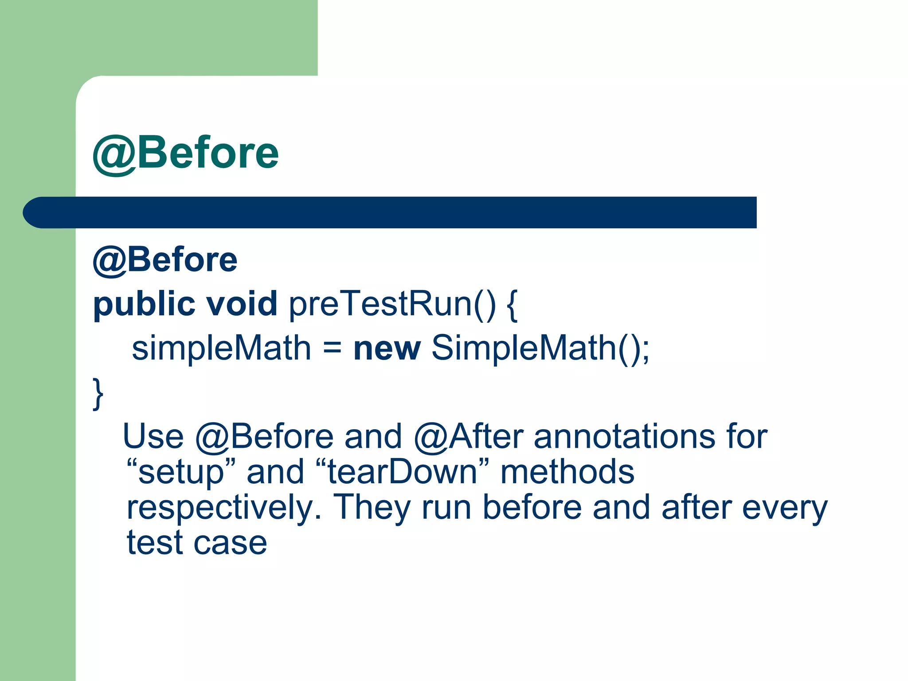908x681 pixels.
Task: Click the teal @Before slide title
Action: (x=185, y=153)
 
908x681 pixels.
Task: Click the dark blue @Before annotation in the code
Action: (x=165, y=260)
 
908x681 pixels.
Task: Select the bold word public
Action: (x=144, y=305)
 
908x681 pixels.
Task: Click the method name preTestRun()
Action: (x=392, y=305)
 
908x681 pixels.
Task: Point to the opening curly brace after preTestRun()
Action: (x=511, y=305)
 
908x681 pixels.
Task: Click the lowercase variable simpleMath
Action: (x=222, y=348)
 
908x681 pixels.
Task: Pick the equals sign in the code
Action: (x=332, y=348)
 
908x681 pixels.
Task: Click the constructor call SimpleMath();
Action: (x=540, y=348)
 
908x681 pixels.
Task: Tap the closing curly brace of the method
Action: (x=98, y=393)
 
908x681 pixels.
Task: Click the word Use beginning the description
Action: (x=153, y=436)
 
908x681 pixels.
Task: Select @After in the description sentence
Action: (x=469, y=437)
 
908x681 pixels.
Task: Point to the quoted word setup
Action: (x=180, y=472)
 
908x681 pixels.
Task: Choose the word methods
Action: (x=567, y=471)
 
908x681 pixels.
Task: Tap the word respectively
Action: (x=224, y=508)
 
